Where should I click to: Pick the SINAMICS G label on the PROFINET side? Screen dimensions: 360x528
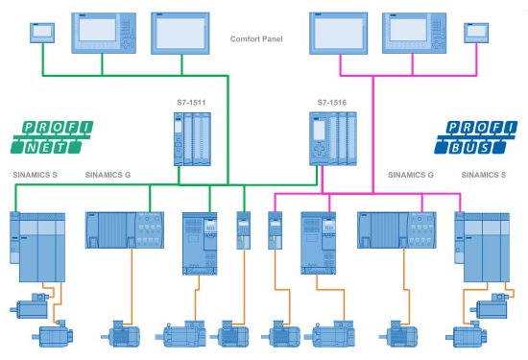[111, 176]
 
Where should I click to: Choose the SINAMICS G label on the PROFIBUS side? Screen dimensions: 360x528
[410, 176]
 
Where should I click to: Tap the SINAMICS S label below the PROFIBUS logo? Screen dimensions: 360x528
[486, 176]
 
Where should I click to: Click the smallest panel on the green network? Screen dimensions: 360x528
[42, 33]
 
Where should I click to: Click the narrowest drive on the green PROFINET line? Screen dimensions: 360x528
[243, 230]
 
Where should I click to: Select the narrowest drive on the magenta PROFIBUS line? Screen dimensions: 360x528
[273, 230]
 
